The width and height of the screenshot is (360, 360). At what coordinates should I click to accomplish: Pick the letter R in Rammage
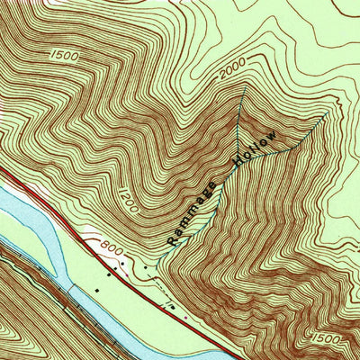172,240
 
